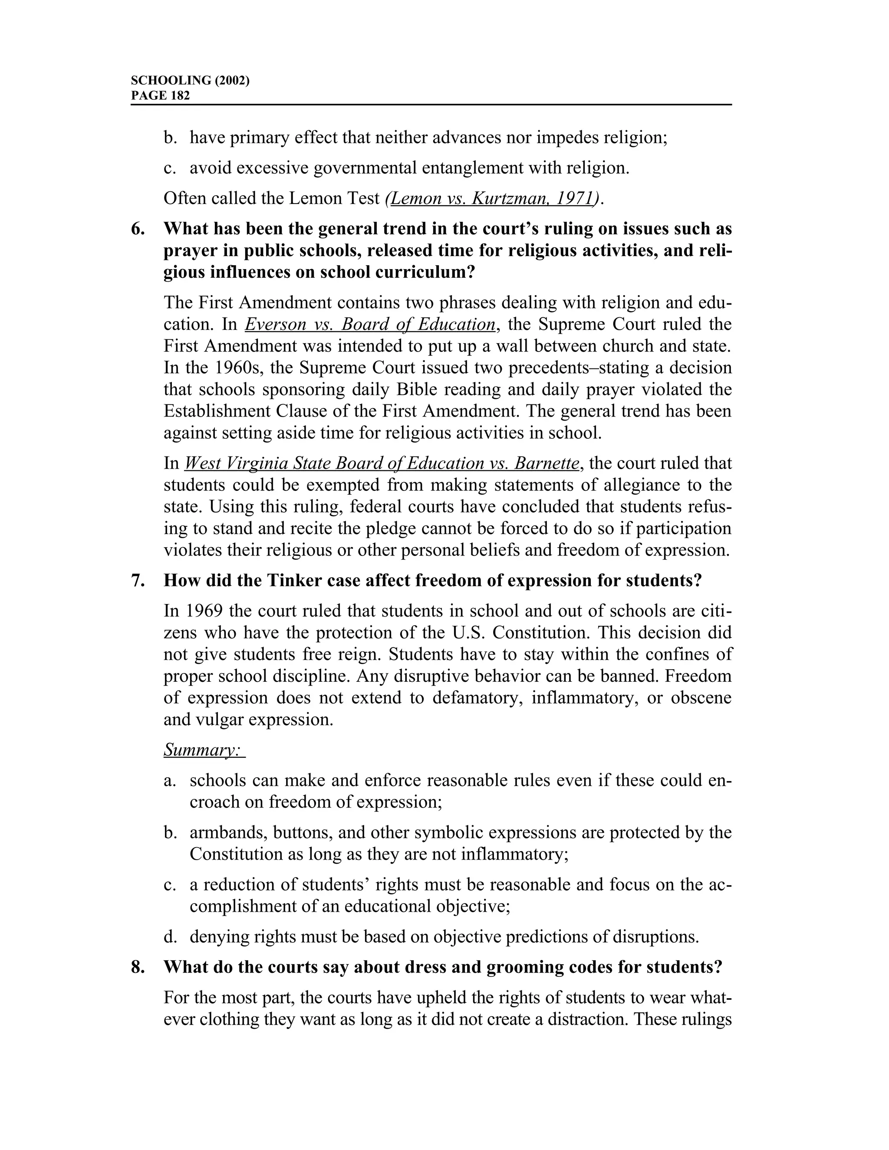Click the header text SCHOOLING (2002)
click(190, 81)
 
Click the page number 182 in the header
click(180, 95)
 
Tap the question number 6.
click(138, 229)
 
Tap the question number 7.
click(138, 580)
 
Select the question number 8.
click(138, 967)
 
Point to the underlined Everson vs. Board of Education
click(370, 324)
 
